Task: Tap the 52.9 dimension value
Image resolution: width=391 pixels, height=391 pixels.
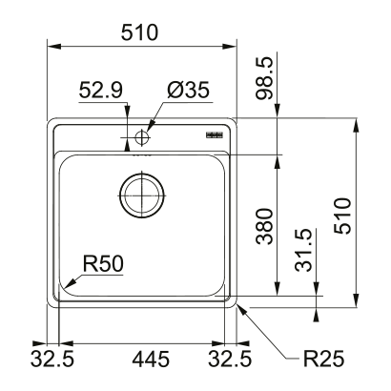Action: [x=99, y=91]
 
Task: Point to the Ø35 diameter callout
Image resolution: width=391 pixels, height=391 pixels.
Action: [x=188, y=91]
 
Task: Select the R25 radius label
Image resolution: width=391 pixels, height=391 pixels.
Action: [x=322, y=360]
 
